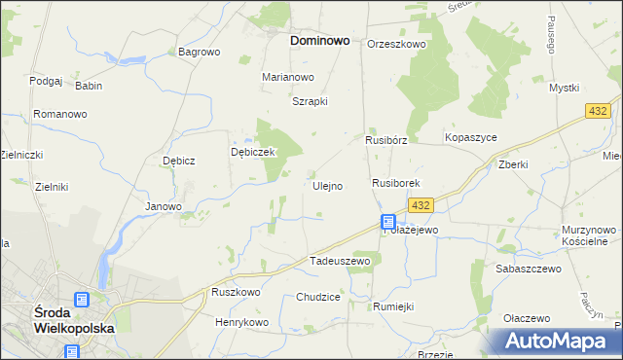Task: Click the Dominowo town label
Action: (321, 42)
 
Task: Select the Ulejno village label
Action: (327, 186)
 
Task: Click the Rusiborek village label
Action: (395, 183)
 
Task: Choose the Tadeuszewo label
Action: (340, 261)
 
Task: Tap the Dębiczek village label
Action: (254, 153)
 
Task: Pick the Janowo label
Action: (164, 206)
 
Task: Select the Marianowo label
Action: (288, 77)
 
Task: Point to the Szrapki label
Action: (311, 101)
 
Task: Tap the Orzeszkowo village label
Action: (397, 44)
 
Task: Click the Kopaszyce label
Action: (471, 138)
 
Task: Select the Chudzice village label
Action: (318, 297)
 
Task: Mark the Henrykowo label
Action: (241, 322)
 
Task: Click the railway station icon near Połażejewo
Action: (388, 222)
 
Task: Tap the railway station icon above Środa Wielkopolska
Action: (82, 300)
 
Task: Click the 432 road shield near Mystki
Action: (599, 113)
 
